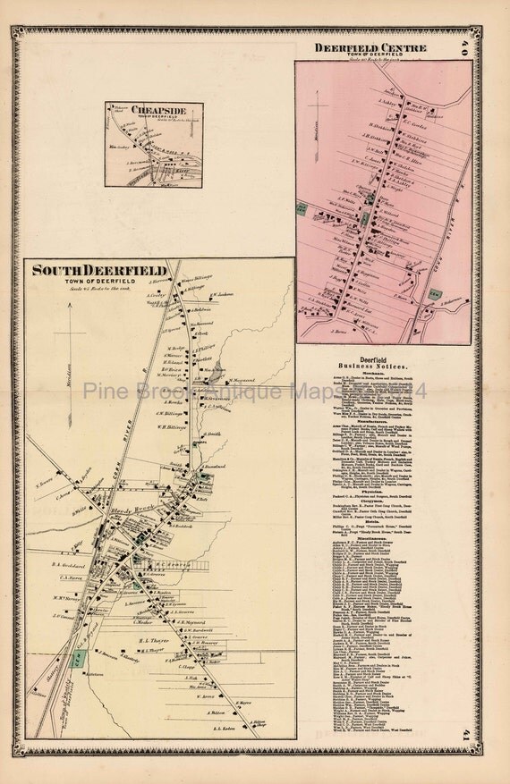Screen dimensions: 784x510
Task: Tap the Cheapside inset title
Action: pos(152,110)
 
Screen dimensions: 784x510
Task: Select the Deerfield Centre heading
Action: pos(370,46)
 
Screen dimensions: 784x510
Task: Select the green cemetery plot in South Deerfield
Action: pos(80,657)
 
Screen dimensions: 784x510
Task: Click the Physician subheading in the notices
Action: pos(382,484)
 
